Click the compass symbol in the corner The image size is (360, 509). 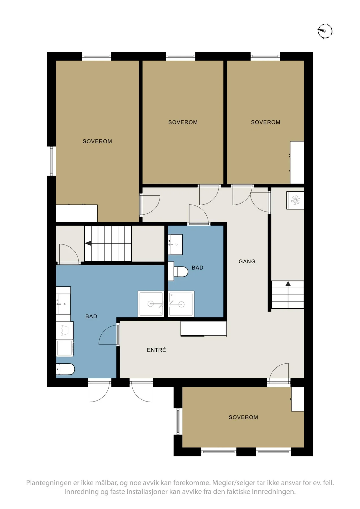[325, 31]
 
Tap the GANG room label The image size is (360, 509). [247, 262]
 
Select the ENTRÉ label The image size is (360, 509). [156, 350]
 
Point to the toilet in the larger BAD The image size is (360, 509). [65, 369]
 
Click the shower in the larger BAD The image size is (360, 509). [151, 304]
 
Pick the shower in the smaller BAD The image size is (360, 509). [181, 304]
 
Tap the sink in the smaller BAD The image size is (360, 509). [175, 245]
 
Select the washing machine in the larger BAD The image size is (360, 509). [65, 348]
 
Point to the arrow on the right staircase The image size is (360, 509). [288, 284]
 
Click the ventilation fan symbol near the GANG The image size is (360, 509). [295, 200]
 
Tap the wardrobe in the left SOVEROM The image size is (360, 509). [77, 213]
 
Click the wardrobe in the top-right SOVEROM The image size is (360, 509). [297, 163]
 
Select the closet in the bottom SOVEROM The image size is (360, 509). [298, 399]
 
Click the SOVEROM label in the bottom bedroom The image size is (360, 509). [243, 417]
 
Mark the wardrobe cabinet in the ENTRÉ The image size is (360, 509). [204, 329]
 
